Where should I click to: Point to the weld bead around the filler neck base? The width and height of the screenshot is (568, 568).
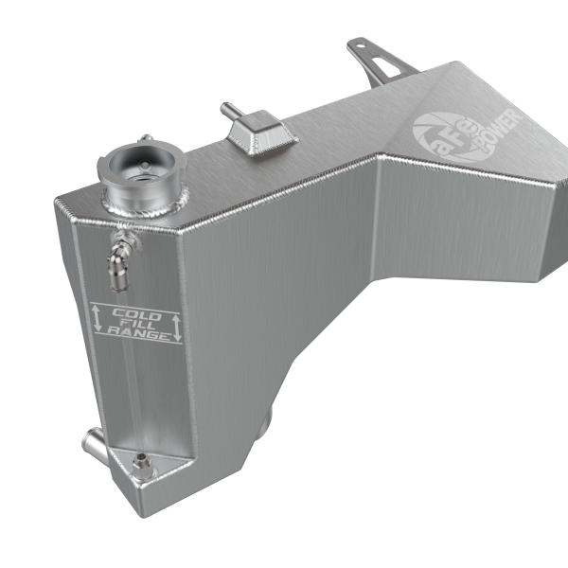click(142, 203)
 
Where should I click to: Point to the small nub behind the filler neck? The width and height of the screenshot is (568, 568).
click(144, 139)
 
